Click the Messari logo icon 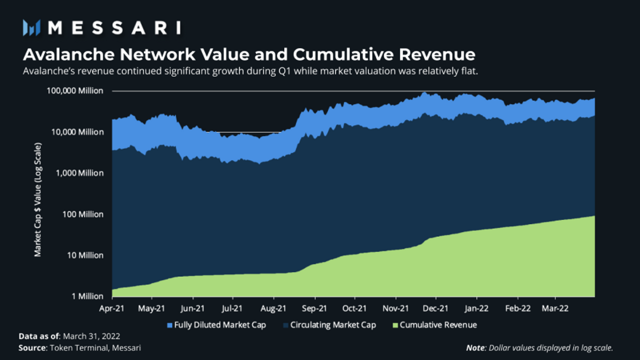click(32, 27)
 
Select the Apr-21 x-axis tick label click(112, 308)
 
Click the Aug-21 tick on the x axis click(273, 308)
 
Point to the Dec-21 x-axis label click(436, 308)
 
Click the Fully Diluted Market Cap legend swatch click(170, 325)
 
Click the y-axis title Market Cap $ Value click(38, 200)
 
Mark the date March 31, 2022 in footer click(91, 336)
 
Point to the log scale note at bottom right click(539, 348)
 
